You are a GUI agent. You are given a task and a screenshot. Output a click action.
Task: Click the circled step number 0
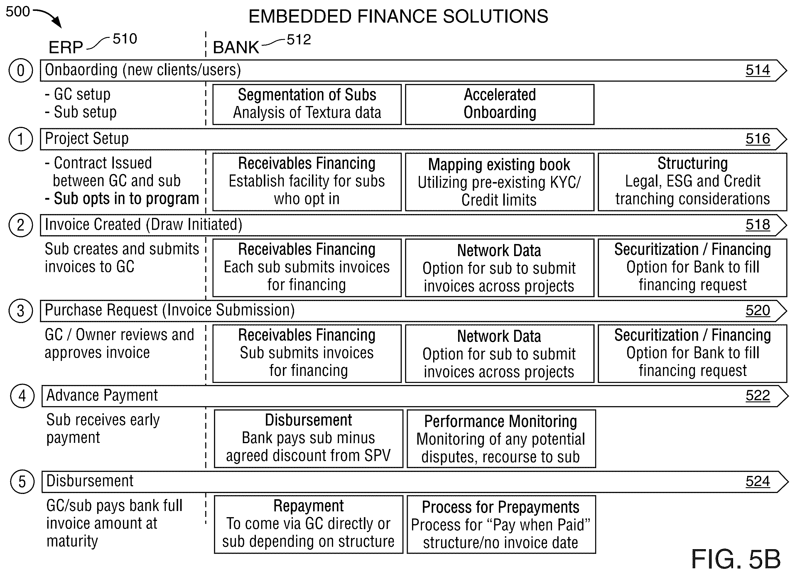coord(21,70)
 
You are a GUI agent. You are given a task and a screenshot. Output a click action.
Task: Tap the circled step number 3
coord(21,311)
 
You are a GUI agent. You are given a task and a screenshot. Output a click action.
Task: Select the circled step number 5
coord(22,482)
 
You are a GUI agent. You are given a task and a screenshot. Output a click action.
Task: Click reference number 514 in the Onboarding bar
coord(757,70)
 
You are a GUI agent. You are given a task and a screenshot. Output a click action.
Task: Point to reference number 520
coord(757,310)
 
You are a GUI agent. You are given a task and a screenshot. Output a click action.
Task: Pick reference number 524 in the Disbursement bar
coord(757,481)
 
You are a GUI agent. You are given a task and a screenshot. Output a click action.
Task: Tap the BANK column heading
coord(236,47)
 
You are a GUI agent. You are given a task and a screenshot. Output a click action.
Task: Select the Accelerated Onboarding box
coord(499,104)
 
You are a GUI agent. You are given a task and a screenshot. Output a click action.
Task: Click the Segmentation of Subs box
coord(307,104)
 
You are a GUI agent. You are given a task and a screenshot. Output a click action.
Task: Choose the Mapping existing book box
coord(499,182)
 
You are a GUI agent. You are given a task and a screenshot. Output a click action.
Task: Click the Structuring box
coord(692,182)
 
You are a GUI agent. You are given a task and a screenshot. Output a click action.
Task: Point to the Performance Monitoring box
coord(501,439)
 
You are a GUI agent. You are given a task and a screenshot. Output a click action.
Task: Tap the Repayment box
coord(308,524)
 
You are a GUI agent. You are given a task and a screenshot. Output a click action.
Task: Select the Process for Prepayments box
coord(501,524)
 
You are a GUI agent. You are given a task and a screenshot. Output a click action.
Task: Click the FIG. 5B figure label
coord(736,559)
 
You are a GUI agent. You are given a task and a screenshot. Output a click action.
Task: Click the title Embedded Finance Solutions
coord(398,16)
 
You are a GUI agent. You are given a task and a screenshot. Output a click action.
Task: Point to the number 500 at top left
coord(18,11)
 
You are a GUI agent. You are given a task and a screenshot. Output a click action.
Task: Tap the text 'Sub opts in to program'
coord(122,199)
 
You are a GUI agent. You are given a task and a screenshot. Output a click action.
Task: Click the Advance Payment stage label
coord(102,395)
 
